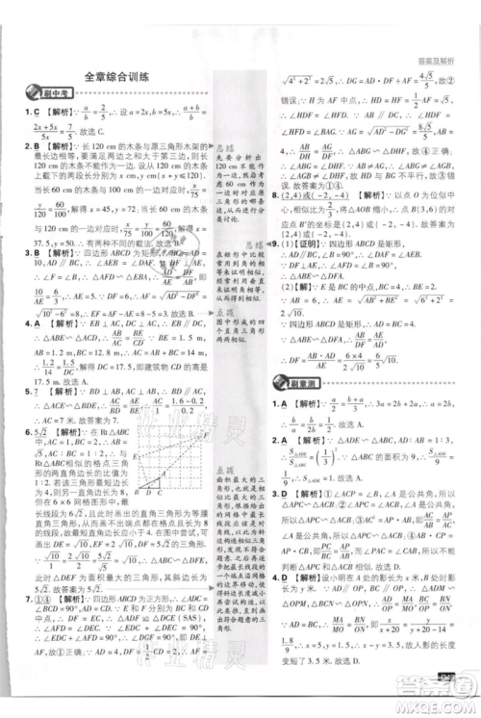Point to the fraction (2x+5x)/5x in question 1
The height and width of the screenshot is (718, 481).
click(42, 129)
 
